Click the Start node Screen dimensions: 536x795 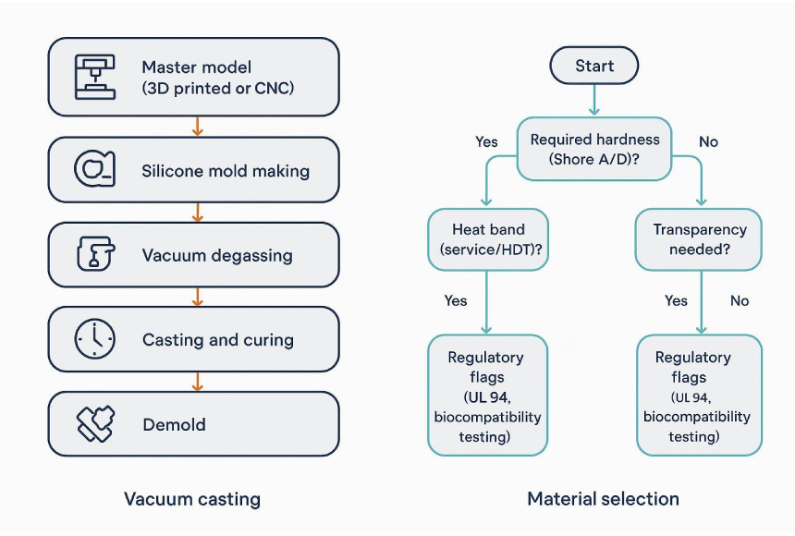pyautogui.click(x=593, y=67)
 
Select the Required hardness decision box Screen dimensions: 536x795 pyautogui.click(x=594, y=149)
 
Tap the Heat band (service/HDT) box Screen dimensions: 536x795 pyautogui.click(x=488, y=239)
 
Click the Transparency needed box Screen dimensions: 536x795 pyautogui.click(x=699, y=239)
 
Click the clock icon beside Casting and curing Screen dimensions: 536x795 pyautogui.click(x=95, y=339)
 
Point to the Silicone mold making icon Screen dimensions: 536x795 pyautogui.click(x=94, y=169)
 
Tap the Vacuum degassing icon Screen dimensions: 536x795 pyautogui.click(x=94, y=254)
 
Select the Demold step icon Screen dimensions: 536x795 pyautogui.click(x=94, y=424)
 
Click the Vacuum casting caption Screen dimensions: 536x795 pyautogui.click(x=192, y=500)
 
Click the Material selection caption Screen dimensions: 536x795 pyautogui.click(x=603, y=499)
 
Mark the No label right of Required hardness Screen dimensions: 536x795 pyautogui.click(x=708, y=142)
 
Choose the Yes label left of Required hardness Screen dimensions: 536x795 pyautogui.click(x=486, y=142)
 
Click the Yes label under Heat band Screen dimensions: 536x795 pyautogui.click(x=456, y=301)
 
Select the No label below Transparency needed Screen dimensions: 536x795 pyautogui.click(x=740, y=301)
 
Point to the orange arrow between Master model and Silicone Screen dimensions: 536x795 pyautogui.click(x=196, y=127)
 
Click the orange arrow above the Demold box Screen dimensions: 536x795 pyautogui.click(x=196, y=381)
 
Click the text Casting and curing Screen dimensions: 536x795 pyautogui.click(x=218, y=340)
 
